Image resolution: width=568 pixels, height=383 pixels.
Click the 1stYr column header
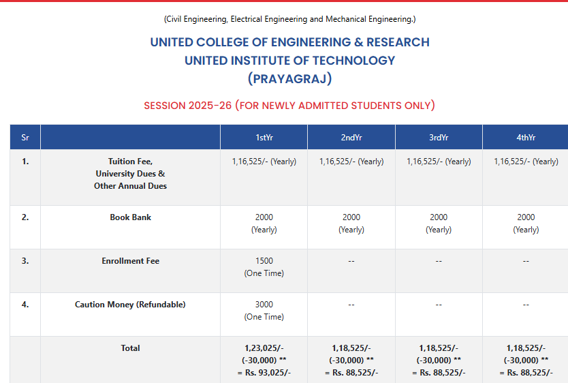click(264, 137)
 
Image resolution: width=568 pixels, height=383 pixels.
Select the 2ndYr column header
click(351, 137)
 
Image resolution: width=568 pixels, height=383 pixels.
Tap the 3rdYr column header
click(439, 137)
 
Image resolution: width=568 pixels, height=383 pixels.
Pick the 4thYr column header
click(526, 137)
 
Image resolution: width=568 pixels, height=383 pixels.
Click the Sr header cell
click(25, 137)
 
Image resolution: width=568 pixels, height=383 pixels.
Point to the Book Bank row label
click(130, 217)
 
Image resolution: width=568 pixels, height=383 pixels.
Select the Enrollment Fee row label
click(130, 261)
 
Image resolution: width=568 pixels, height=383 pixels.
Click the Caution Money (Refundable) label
click(130, 305)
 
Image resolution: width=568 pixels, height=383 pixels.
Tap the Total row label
click(130, 348)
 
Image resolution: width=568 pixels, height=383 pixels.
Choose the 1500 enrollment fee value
click(264, 261)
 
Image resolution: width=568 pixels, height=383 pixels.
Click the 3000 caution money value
click(264, 305)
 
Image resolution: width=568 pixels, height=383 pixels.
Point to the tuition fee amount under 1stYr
click(264, 162)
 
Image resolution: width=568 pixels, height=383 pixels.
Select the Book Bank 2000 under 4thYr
click(526, 217)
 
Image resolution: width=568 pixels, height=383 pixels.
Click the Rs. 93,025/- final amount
click(264, 373)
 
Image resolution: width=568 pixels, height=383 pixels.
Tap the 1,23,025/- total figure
click(264, 348)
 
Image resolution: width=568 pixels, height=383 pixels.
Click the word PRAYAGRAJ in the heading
click(289, 79)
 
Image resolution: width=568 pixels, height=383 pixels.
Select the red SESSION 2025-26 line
click(289, 106)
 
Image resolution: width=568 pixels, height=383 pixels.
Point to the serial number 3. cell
click(25, 261)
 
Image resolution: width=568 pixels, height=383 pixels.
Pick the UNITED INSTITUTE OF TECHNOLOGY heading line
click(289, 61)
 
